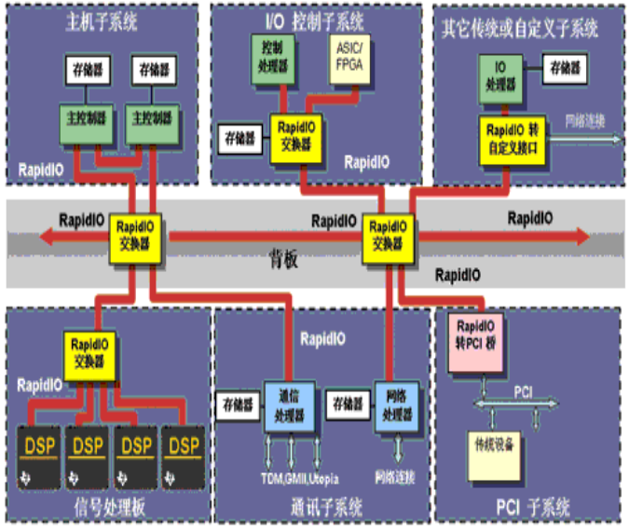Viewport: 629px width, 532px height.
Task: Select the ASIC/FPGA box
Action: (x=350, y=59)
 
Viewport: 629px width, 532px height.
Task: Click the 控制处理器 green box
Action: (x=272, y=57)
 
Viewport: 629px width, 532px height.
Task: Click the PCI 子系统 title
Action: (x=528, y=509)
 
